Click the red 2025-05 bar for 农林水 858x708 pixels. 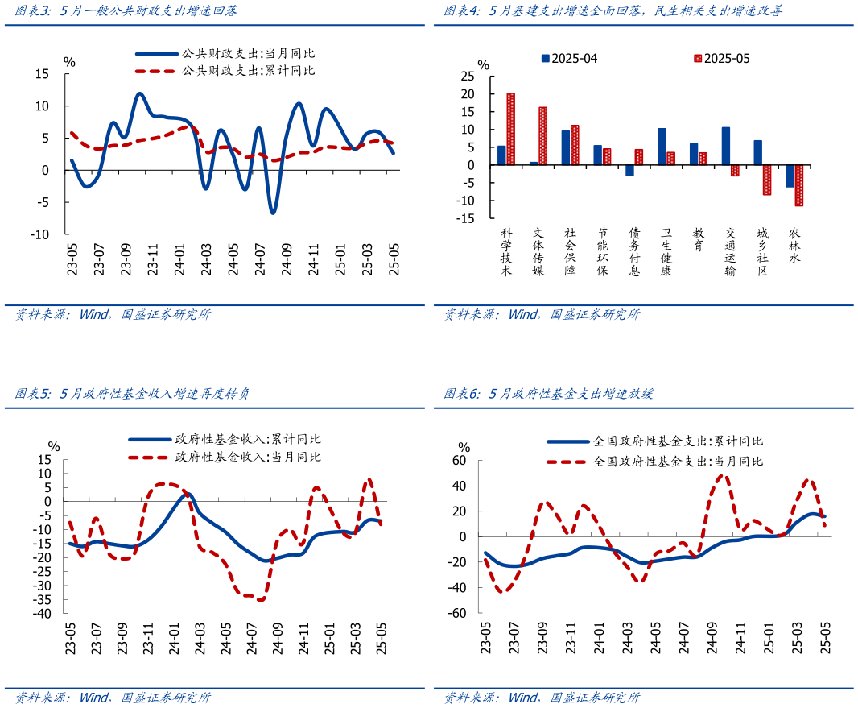pos(798,185)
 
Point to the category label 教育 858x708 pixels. pos(698,238)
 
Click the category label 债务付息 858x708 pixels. pos(634,251)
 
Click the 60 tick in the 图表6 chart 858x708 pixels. pos(460,461)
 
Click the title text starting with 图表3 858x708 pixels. pos(126,11)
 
